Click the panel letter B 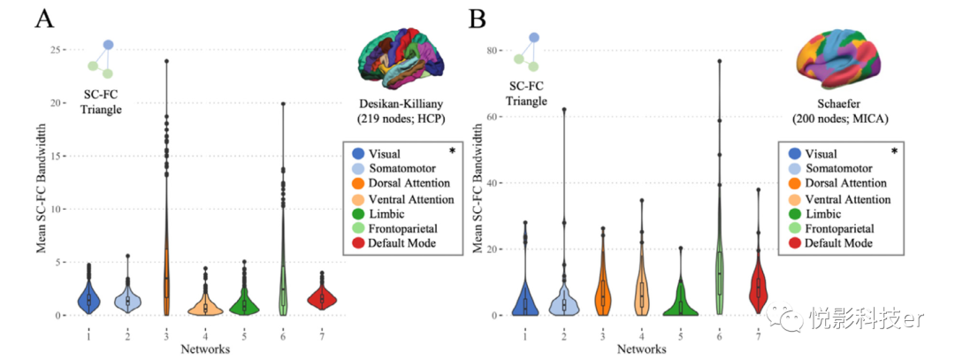click(x=478, y=18)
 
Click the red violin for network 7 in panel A click(x=322, y=300)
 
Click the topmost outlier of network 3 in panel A click(x=165, y=61)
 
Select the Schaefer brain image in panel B click(x=840, y=60)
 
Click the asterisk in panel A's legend click(x=451, y=151)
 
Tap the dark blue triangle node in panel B click(x=534, y=38)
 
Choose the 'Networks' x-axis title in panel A click(x=206, y=349)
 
